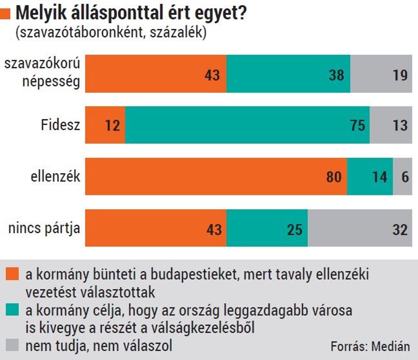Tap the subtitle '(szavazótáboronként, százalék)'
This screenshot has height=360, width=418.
coord(111,32)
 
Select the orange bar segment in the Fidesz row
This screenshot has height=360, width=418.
coord(105,125)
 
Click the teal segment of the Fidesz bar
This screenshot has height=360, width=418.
coord(247,125)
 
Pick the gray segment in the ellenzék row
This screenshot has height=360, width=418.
coord(403,176)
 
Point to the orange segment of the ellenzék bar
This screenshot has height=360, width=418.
coord(216,176)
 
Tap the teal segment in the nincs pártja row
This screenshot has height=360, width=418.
coord(267,228)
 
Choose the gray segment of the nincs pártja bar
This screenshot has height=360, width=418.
coord(360,228)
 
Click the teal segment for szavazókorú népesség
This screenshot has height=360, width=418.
coord(288,74)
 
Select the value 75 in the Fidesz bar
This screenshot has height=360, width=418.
coord(358,125)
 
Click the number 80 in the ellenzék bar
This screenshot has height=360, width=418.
coord(334,177)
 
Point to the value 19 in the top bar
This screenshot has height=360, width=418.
coord(400,75)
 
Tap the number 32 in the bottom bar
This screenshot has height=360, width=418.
coord(400,230)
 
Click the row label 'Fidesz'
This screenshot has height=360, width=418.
coord(60,124)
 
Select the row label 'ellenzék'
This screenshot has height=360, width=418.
coord(55,176)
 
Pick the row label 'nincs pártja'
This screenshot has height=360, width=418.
coord(44,228)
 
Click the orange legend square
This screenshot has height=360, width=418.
coord(12,274)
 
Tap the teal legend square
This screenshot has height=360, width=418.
coord(12,309)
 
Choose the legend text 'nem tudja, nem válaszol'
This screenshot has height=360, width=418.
coord(99,346)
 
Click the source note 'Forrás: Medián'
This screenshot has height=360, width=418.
coord(371,347)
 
